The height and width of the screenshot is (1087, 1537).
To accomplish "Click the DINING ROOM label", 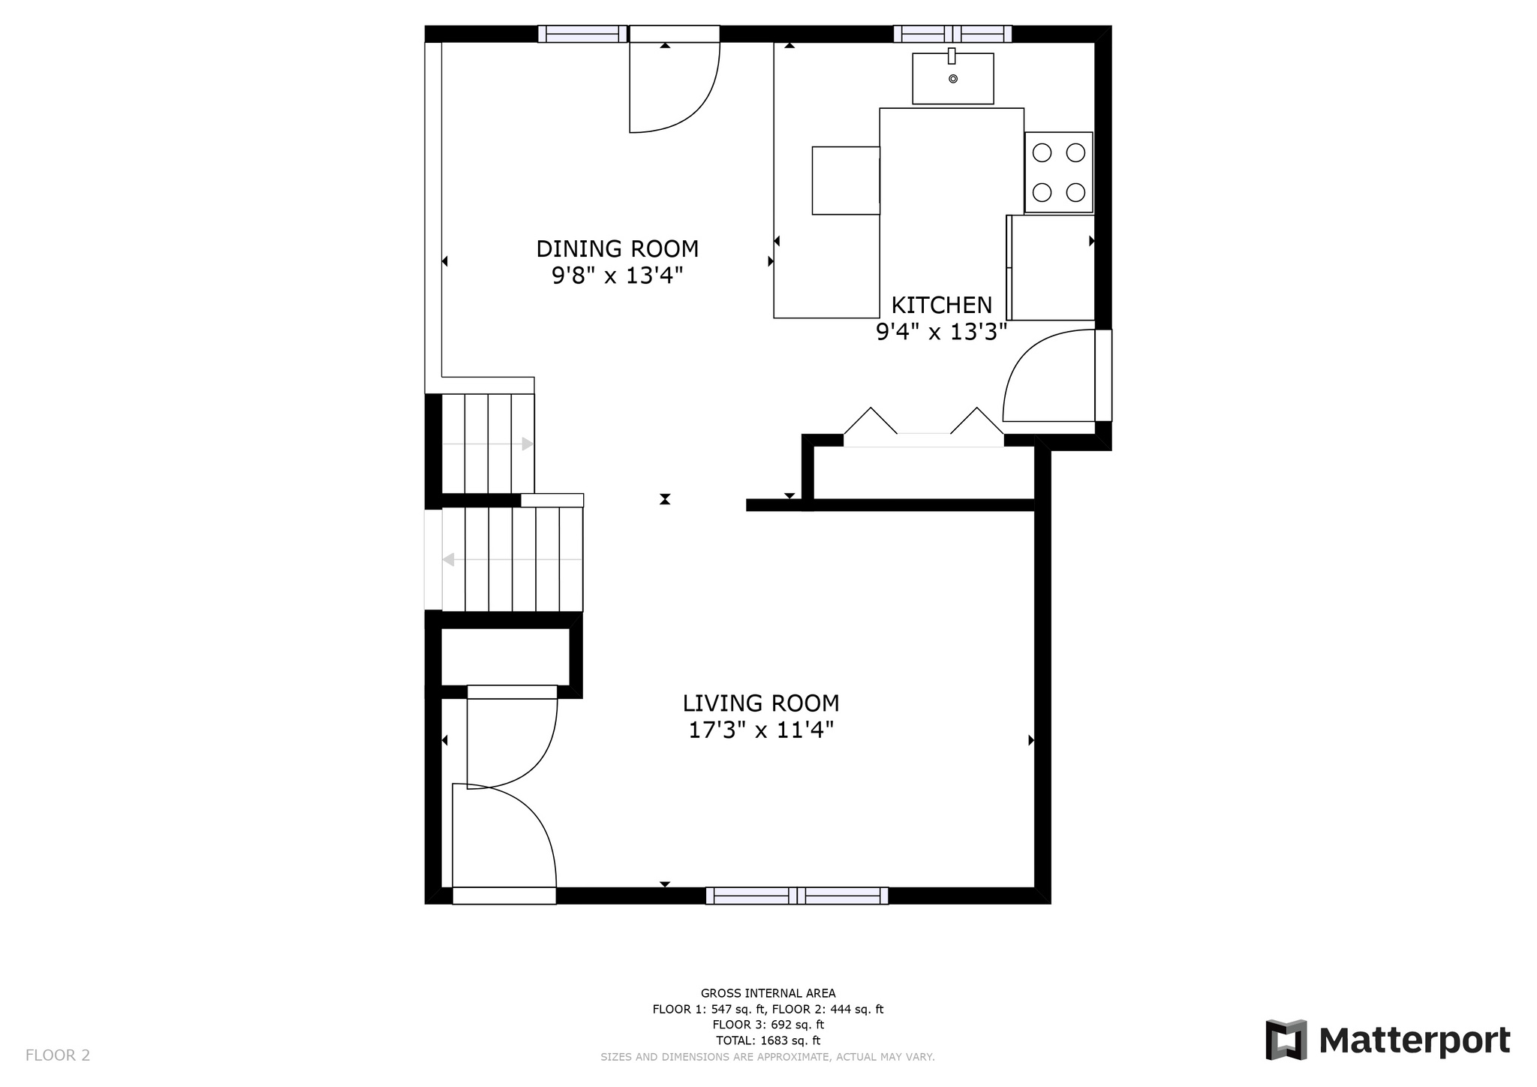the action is pyautogui.click(x=617, y=248).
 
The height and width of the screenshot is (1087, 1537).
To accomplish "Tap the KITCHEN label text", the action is pyautogui.click(x=941, y=305).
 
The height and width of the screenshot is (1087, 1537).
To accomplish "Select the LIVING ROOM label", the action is pyautogui.click(x=761, y=703).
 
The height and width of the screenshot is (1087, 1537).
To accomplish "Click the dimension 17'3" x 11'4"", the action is pyautogui.click(x=761, y=730).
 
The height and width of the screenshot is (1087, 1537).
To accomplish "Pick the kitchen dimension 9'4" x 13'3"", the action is pyautogui.click(x=941, y=332).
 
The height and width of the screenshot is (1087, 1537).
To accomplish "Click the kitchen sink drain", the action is pyautogui.click(x=953, y=79).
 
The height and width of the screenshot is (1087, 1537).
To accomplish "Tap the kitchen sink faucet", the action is pyautogui.click(x=952, y=56).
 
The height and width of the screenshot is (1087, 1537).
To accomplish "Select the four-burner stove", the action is pyautogui.click(x=1059, y=173).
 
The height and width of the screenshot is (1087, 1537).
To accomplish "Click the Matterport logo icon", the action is pyautogui.click(x=1286, y=1040).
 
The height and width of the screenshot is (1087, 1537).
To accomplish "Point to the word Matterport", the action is pyautogui.click(x=1415, y=1041).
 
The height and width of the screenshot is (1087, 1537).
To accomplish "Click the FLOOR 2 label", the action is pyautogui.click(x=58, y=1055).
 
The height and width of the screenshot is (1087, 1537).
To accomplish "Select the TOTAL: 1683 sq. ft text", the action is pyautogui.click(x=768, y=1040).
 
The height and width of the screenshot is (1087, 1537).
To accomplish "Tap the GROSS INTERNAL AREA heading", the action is pyautogui.click(x=768, y=993).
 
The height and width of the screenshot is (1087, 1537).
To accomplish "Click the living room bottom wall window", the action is pyautogui.click(x=797, y=896).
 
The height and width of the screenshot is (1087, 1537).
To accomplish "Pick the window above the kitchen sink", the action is pyautogui.click(x=952, y=34).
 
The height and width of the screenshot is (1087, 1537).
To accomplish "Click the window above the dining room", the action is pyautogui.click(x=582, y=34).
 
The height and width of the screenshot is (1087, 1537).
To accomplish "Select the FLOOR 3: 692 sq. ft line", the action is pyautogui.click(x=768, y=1025).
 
